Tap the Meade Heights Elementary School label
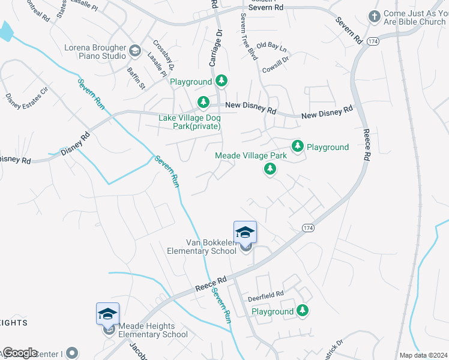click(x=153, y=331)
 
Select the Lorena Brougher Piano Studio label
click(x=95, y=52)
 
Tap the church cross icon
click(x=374, y=16)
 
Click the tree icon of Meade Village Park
click(x=270, y=170)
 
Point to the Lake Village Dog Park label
click(x=189, y=122)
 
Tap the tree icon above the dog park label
click(x=203, y=101)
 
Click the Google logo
click(x=19, y=352)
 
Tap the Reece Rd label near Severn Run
click(x=211, y=284)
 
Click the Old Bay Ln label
click(x=272, y=46)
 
